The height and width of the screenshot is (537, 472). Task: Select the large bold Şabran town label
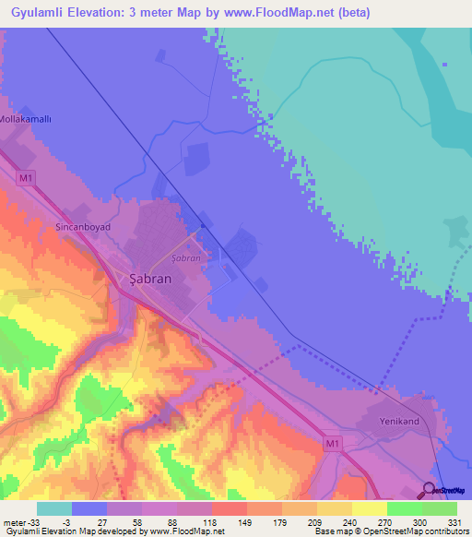pyautogui.click(x=147, y=277)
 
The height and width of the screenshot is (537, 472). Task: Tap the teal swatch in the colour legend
pyautogui.click(x=54, y=508)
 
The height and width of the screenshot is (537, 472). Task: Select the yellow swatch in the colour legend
pyautogui.click(x=369, y=508)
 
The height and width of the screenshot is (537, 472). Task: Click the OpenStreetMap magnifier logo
pyautogui.click(x=430, y=489)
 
